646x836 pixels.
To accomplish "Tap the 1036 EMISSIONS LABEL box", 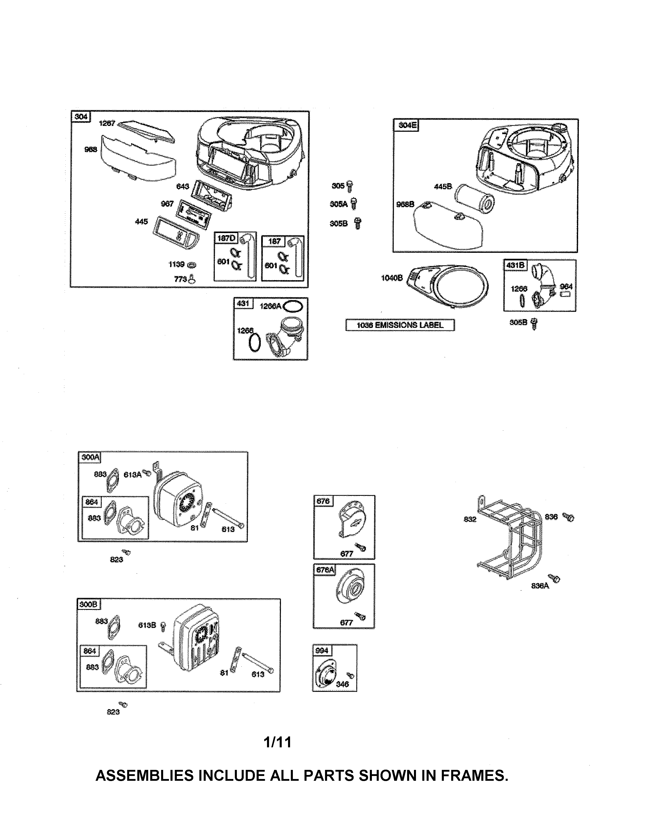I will click(400, 325).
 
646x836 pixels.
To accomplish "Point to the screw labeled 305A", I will click(354, 204).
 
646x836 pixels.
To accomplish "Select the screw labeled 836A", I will click(554, 578).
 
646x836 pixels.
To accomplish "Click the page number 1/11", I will click(277, 742).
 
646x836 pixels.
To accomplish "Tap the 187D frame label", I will click(226, 238).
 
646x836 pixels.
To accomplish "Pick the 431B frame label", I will click(516, 265).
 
